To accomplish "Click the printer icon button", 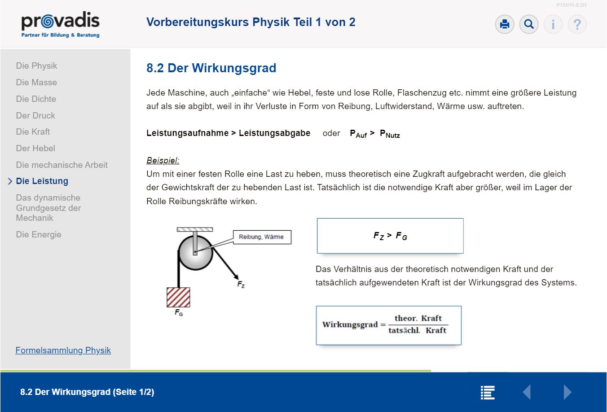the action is tap(504, 24).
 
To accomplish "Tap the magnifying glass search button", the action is tap(529, 24).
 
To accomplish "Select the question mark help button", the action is tap(577, 24).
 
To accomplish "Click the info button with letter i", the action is tap(553, 24).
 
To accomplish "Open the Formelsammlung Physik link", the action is tap(63, 350).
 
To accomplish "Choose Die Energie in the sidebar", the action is tap(39, 234).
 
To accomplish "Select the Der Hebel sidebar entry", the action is tap(35, 148).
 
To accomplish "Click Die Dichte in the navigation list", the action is tap(36, 99).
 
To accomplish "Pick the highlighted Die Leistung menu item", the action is tap(42, 181).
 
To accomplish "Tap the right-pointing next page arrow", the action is tap(567, 392).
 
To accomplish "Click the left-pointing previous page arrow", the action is tap(527, 392).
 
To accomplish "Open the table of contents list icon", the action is tap(488, 393).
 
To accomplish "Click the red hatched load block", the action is tap(178, 297).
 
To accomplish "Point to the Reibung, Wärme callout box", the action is tap(262, 237).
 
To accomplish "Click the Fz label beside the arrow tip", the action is tap(241, 285).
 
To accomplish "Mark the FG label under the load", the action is tap(179, 312).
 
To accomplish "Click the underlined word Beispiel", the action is tap(163, 160).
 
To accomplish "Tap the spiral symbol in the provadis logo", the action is tap(48, 22).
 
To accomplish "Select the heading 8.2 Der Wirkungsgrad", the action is tap(211, 68).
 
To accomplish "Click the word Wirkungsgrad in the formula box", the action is tap(350, 325).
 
